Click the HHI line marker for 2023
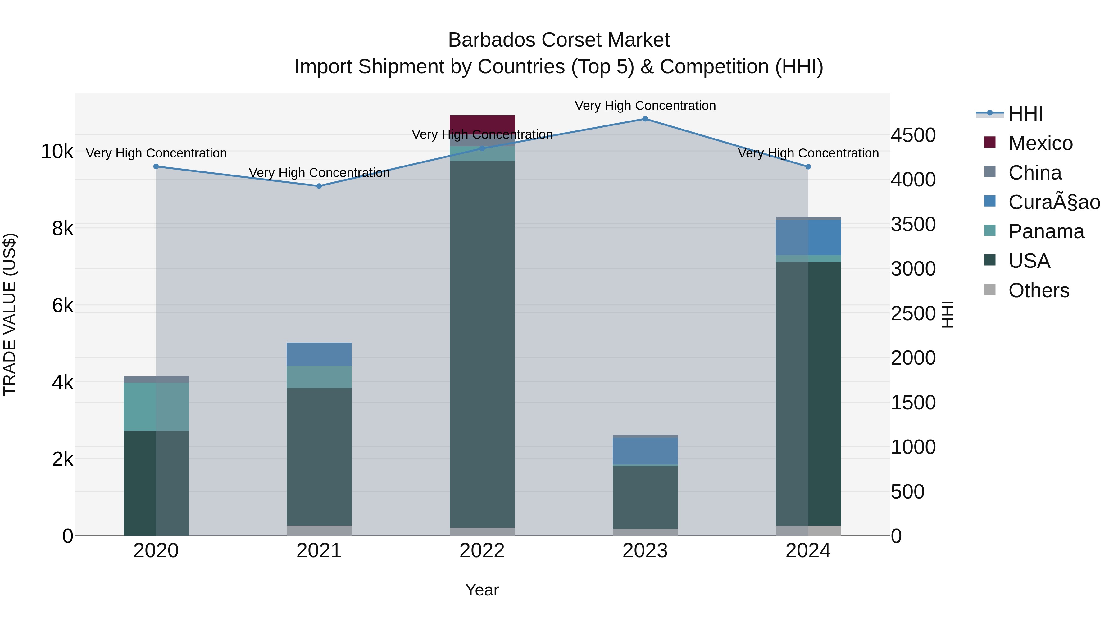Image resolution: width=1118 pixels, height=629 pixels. (645, 119)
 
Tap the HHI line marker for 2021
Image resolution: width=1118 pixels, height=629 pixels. (319, 186)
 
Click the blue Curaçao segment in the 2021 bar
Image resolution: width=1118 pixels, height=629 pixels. (319, 354)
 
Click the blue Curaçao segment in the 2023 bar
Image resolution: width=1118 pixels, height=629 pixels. (645, 451)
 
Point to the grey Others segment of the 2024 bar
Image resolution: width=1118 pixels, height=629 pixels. (808, 531)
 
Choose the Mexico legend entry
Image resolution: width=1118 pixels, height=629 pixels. (1040, 143)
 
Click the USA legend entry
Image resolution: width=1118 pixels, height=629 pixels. (1029, 261)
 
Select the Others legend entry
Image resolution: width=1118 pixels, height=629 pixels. (1038, 290)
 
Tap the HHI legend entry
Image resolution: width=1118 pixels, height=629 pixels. (1025, 114)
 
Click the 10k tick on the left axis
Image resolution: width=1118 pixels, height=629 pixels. (57, 152)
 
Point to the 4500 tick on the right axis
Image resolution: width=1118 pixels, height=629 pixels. (913, 135)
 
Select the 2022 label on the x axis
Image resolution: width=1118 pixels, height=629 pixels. (482, 551)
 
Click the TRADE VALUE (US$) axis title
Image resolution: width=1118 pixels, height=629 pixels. (10, 314)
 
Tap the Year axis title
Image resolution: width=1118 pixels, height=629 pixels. (482, 590)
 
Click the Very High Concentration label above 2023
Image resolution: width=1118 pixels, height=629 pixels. (645, 106)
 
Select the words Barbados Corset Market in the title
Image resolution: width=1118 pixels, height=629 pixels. (559, 40)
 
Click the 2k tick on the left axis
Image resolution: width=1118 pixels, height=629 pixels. (62, 459)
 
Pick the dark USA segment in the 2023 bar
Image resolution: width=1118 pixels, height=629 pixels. (645, 497)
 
